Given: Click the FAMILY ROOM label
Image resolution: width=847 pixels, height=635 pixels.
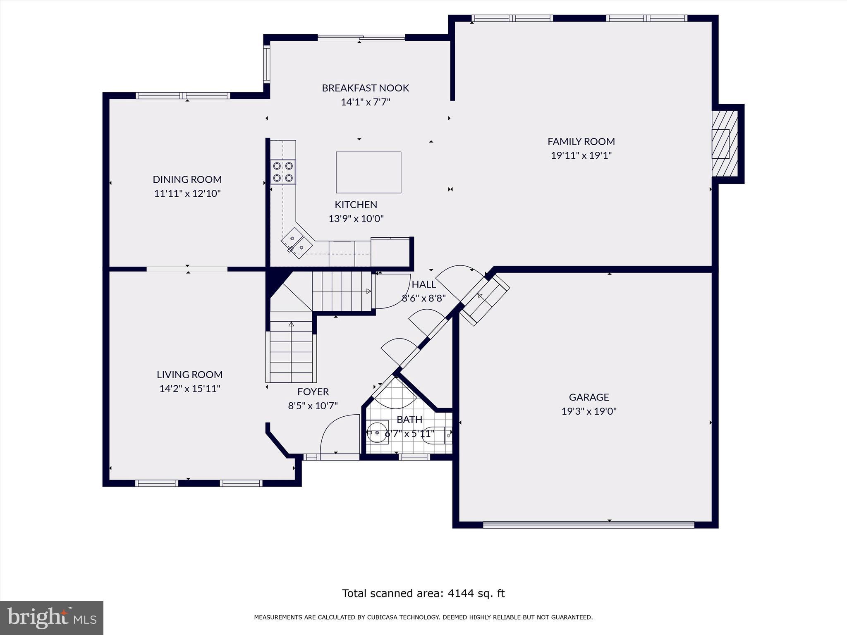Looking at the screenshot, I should pyautogui.click(x=581, y=141).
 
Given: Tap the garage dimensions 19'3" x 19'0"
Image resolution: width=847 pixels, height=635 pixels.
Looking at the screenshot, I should pyautogui.click(x=589, y=411).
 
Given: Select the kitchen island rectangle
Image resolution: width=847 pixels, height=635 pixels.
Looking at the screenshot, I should pyautogui.click(x=368, y=172).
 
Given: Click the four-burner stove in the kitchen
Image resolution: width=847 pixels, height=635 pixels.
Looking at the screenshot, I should pyautogui.click(x=283, y=172).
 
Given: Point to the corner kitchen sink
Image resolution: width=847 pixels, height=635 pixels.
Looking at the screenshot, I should pyautogui.click(x=297, y=243).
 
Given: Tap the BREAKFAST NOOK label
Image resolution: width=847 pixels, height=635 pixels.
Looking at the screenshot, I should pyautogui.click(x=365, y=88).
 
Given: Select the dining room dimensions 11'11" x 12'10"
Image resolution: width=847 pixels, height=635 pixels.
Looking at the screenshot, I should pyautogui.click(x=187, y=193).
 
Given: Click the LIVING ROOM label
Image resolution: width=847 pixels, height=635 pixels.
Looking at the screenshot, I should pyautogui.click(x=189, y=375).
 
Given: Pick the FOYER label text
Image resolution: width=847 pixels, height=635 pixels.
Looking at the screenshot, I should pyautogui.click(x=313, y=392).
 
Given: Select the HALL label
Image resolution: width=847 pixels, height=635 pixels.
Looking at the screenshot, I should pyautogui.click(x=424, y=284).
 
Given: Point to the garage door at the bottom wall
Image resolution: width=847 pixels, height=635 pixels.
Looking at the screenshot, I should pyautogui.click(x=588, y=525).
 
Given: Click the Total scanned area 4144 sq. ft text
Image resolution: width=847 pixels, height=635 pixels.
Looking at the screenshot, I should pyautogui.click(x=423, y=593).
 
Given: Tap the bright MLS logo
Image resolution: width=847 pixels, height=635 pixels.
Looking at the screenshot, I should pyautogui.click(x=52, y=618).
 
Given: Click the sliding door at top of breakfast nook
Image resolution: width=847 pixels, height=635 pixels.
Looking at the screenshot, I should pyautogui.click(x=361, y=38).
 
